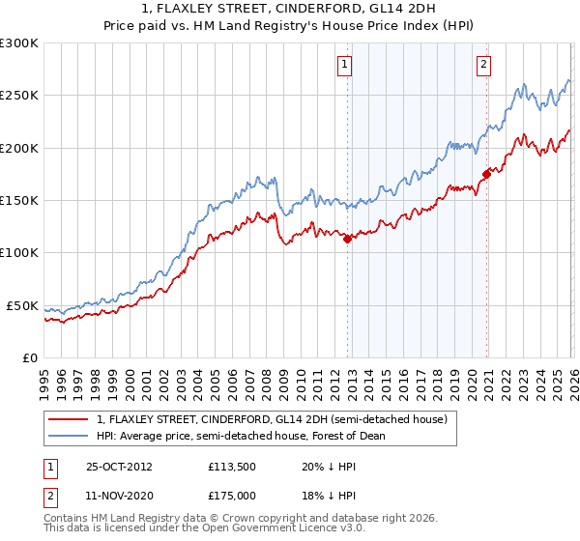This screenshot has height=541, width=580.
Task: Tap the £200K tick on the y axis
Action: point(19,148)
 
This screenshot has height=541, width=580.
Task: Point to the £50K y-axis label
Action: point(22,305)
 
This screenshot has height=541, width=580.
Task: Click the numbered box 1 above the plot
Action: point(345,65)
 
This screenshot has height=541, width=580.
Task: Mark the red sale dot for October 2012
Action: point(348,239)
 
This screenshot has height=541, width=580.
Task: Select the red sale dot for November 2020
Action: point(486,174)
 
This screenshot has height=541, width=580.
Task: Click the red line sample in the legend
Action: point(70,420)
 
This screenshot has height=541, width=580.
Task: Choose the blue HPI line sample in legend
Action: point(70,436)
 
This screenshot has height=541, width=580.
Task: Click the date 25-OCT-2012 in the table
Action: point(125,466)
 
